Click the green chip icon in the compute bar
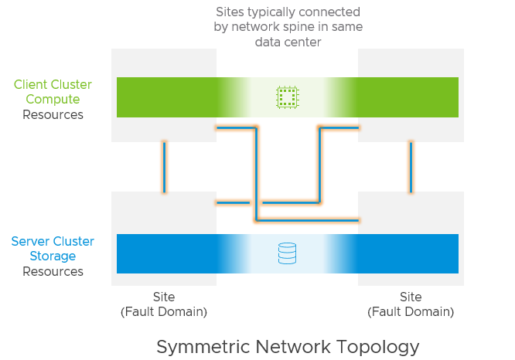click(x=287, y=97)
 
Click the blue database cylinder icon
click(x=287, y=253)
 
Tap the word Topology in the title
click(x=381, y=346)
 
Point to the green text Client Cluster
click(x=53, y=84)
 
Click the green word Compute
click(x=53, y=100)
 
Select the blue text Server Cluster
click(x=53, y=241)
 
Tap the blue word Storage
click(x=53, y=256)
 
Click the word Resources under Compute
click(x=53, y=115)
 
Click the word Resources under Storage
click(x=53, y=272)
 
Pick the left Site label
click(x=164, y=297)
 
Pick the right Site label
click(x=411, y=297)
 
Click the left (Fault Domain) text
click(x=164, y=312)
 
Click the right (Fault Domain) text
click(x=411, y=312)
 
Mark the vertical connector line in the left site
click(x=164, y=166)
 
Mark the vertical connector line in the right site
click(x=411, y=166)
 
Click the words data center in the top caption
click(x=288, y=42)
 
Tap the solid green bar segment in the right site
click(x=408, y=97)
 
